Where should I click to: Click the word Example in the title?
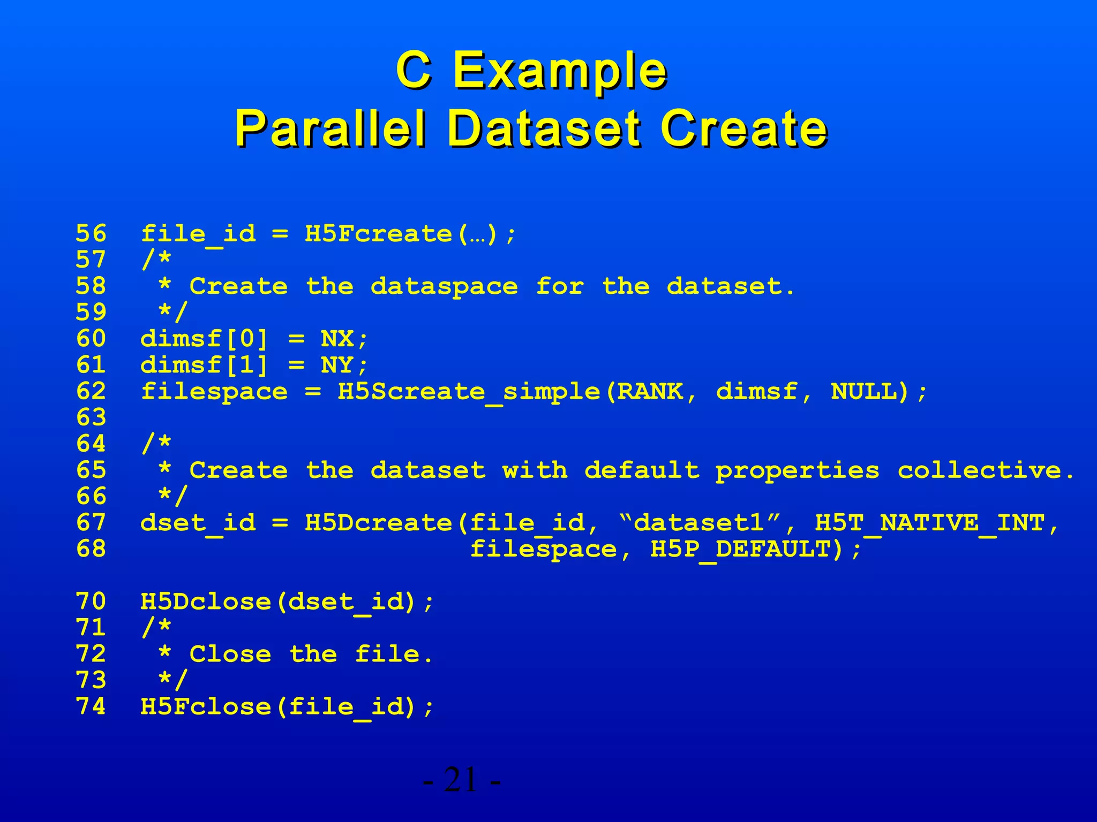560,71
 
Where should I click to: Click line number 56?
91,234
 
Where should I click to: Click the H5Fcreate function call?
378,234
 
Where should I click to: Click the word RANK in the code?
650,392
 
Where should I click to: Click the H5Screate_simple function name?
469,392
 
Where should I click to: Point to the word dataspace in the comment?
444,287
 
